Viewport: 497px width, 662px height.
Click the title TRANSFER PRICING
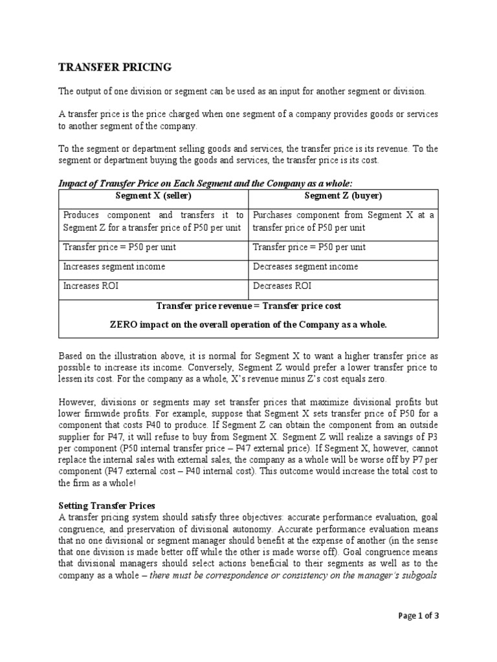pos(115,67)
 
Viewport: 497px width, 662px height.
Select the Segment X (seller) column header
pos(153,196)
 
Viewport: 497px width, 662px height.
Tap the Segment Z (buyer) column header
pos(343,196)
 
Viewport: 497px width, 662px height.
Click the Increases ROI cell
pos(91,286)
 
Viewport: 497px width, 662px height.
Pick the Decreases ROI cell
pos(282,286)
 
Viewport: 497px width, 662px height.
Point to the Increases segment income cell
pos(114,266)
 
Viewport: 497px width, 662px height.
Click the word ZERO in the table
pos(124,325)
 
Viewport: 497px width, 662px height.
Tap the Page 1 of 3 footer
pos(418,616)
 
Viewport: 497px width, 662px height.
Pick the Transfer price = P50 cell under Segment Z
pos(309,247)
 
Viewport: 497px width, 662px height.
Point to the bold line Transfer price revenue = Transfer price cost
pos(248,305)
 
